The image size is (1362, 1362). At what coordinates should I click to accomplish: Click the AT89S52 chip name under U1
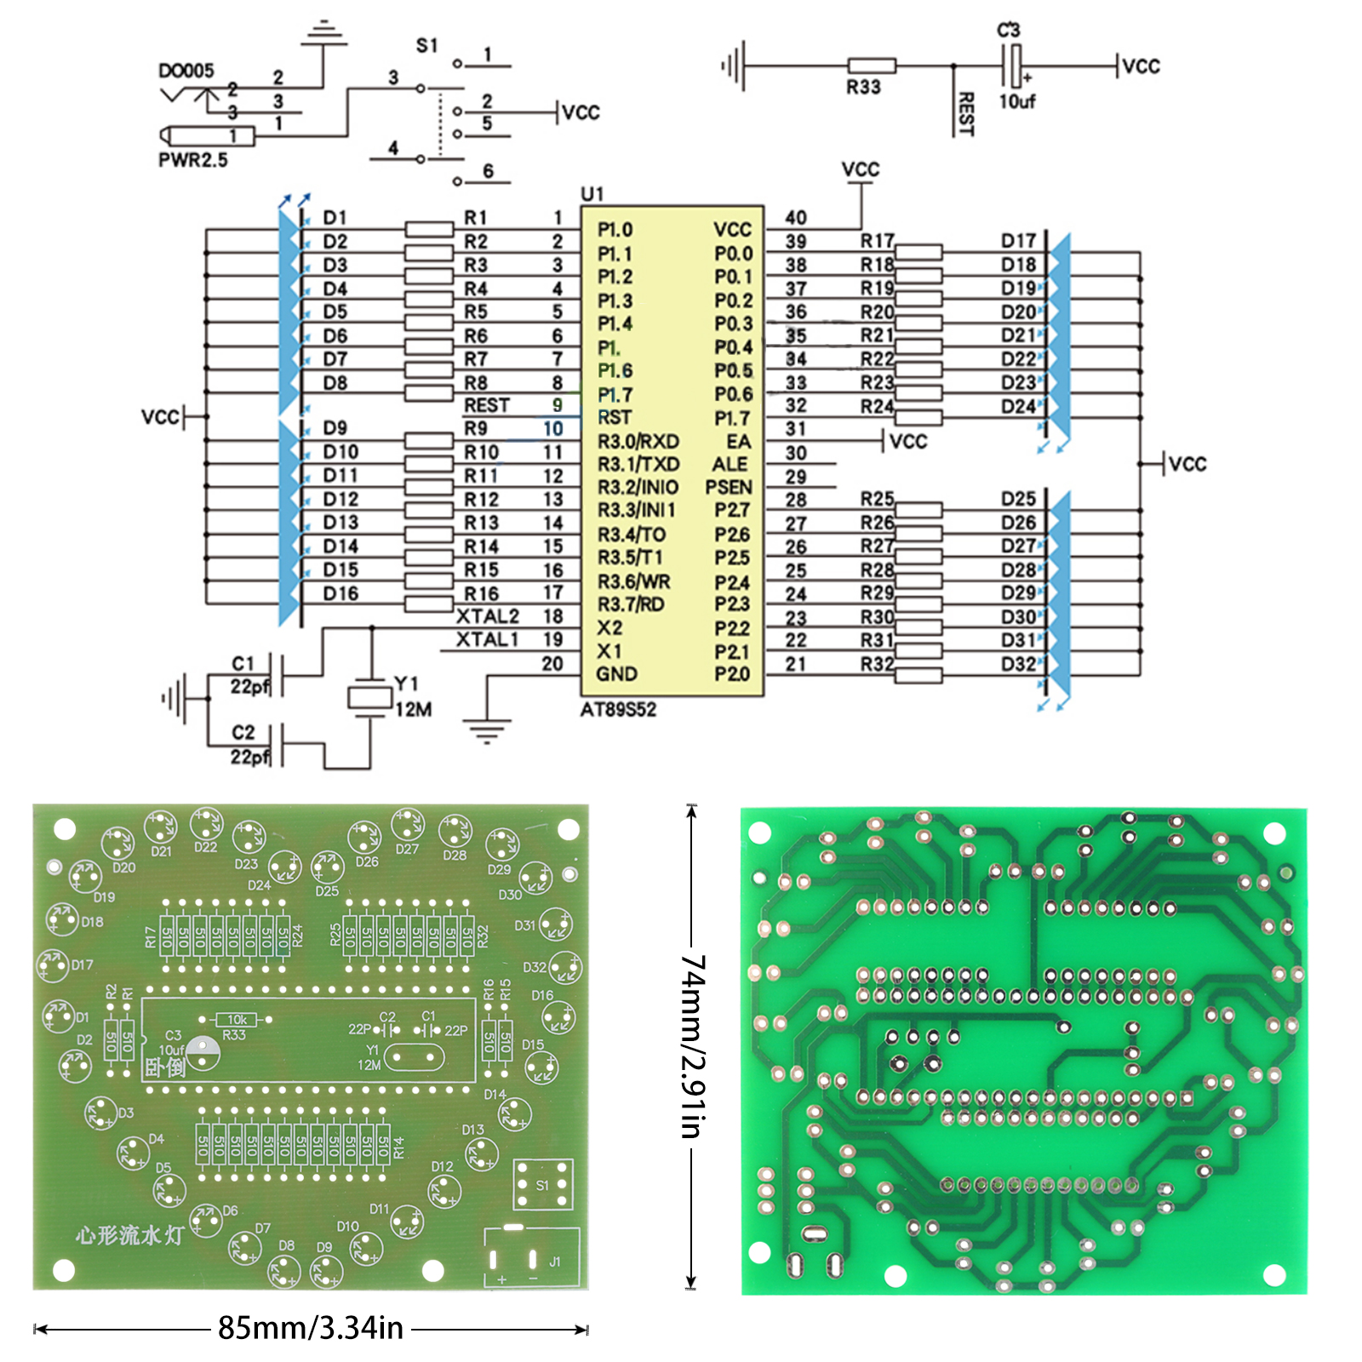tap(618, 709)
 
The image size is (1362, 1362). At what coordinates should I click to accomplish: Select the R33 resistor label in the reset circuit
tap(862, 87)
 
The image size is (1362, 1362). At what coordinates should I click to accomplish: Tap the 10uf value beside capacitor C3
tap(1016, 101)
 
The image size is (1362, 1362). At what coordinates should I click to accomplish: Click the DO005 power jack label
tap(186, 71)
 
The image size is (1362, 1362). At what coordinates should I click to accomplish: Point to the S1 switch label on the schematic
tap(426, 45)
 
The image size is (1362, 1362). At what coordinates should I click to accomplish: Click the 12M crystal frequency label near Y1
tap(414, 709)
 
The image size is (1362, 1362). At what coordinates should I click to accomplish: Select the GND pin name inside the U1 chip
tap(616, 674)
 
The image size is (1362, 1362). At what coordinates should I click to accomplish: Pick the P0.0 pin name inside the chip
tap(733, 254)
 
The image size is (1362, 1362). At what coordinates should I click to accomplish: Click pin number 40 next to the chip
tap(796, 218)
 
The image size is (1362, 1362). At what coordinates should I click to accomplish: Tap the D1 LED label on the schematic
tap(335, 218)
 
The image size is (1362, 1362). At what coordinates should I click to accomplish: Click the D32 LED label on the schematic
tap(1018, 664)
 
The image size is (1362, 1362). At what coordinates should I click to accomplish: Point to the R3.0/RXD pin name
tap(638, 442)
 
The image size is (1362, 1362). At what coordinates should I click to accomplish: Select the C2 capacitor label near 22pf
tap(243, 732)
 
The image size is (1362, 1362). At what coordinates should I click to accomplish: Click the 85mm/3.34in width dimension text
tap(311, 1328)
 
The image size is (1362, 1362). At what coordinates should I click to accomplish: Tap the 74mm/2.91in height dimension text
tap(692, 1046)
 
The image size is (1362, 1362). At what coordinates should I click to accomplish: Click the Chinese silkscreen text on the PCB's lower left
tap(129, 1235)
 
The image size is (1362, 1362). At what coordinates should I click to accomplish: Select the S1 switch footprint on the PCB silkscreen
tap(543, 1184)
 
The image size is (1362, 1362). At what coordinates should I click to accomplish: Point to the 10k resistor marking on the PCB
tap(237, 1019)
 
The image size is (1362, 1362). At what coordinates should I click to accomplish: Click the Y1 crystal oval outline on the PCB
tap(414, 1058)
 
